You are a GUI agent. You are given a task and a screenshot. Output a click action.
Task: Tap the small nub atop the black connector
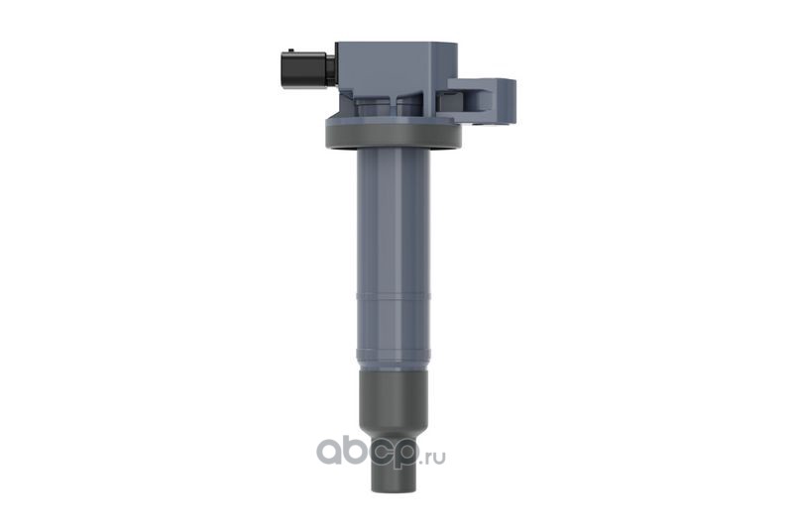coord(290,50)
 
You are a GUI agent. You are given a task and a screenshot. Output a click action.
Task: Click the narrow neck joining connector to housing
coord(331,70)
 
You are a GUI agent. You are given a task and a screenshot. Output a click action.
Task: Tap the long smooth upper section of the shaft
coord(394,221)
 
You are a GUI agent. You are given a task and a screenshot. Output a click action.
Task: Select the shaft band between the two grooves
coord(394,324)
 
